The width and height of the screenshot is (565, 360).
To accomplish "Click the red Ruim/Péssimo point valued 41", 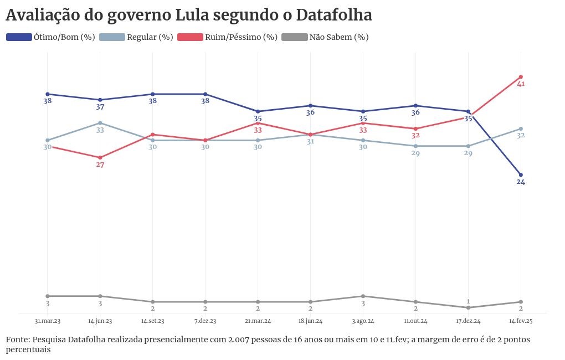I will (521, 77).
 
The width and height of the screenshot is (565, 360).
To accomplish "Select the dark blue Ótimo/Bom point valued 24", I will (521, 175).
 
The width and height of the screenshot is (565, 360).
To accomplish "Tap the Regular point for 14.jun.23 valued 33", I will (100, 123).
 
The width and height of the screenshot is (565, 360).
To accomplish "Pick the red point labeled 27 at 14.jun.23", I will (100, 158).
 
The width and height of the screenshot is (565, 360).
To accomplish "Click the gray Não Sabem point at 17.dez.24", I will (468, 307).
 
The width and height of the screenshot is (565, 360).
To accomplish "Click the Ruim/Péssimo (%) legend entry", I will (227, 37).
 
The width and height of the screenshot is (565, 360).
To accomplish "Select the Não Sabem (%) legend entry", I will (325, 37).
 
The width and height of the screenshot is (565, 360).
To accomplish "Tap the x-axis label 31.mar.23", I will (48, 321).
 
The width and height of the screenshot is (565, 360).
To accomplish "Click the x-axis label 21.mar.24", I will (258, 321).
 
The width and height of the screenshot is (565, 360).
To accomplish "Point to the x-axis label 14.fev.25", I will (521, 321).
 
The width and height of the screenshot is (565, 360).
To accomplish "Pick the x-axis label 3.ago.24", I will (363, 321).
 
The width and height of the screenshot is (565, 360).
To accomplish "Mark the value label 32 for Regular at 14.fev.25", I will (521, 136).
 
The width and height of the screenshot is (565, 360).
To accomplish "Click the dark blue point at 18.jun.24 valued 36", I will (311, 106).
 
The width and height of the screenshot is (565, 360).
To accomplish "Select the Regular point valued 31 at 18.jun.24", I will (311, 135).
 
